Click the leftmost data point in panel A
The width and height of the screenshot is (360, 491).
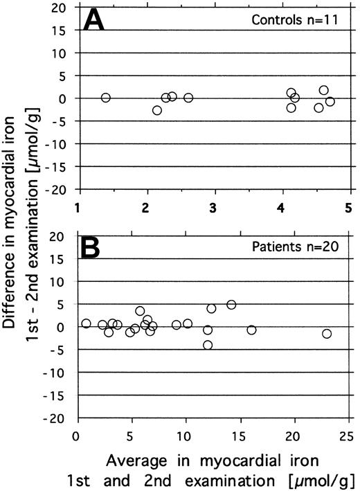pyautogui.click(x=105, y=98)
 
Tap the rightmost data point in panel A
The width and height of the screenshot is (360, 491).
pyautogui.click(x=330, y=101)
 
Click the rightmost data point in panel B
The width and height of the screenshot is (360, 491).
pyautogui.click(x=327, y=333)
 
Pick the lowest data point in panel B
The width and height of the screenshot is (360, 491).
pyautogui.click(x=208, y=345)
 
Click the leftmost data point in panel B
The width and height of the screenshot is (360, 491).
pyautogui.click(x=86, y=323)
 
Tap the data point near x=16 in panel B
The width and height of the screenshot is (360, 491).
pyautogui.click(x=251, y=330)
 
